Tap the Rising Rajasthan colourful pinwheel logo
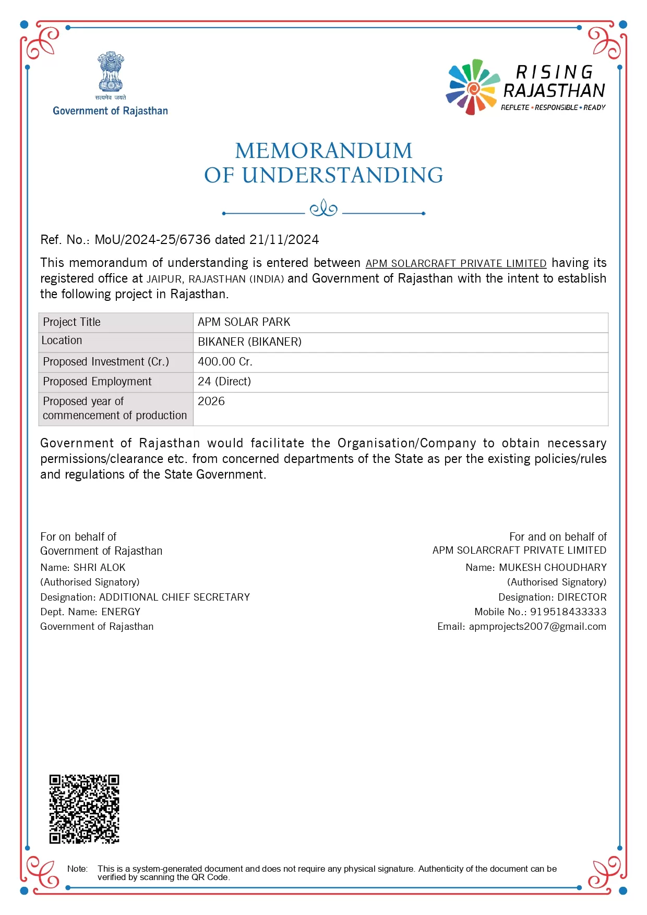pyautogui.click(x=472, y=87)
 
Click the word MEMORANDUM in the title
pyautogui.click(x=323, y=151)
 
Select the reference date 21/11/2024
pyautogui.click(x=284, y=240)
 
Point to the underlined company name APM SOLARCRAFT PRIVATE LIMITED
pyautogui.click(x=456, y=263)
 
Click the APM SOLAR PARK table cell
pyautogui.click(x=244, y=322)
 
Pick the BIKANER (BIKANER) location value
pyautogui.click(x=249, y=342)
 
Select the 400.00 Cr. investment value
pyautogui.click(x=225, y=362)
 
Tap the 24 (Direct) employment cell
pyautogui.click(x=224, y=382)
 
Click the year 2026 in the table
pyautogui.click(x=211, y=401)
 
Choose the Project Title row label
pyautogui.click(x=71, y=322)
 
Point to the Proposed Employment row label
pyautogui.click(x=97, y=382)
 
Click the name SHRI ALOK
pyautogui.click(x=99, y=568)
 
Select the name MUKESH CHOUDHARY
pyautogui.click(x=553, y=568)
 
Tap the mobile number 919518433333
pyautogui.click(x=568, y=612)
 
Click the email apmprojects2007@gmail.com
pyautogui.click(x=537, y=627)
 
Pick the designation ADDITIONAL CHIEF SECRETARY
pyautogui.click(x=174, y=597)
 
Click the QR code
pyautogui.click(x=84, y=809)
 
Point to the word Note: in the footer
pyautogui.click(x=77, y=869)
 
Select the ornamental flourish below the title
pyautogui.click(x=323, y=209)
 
